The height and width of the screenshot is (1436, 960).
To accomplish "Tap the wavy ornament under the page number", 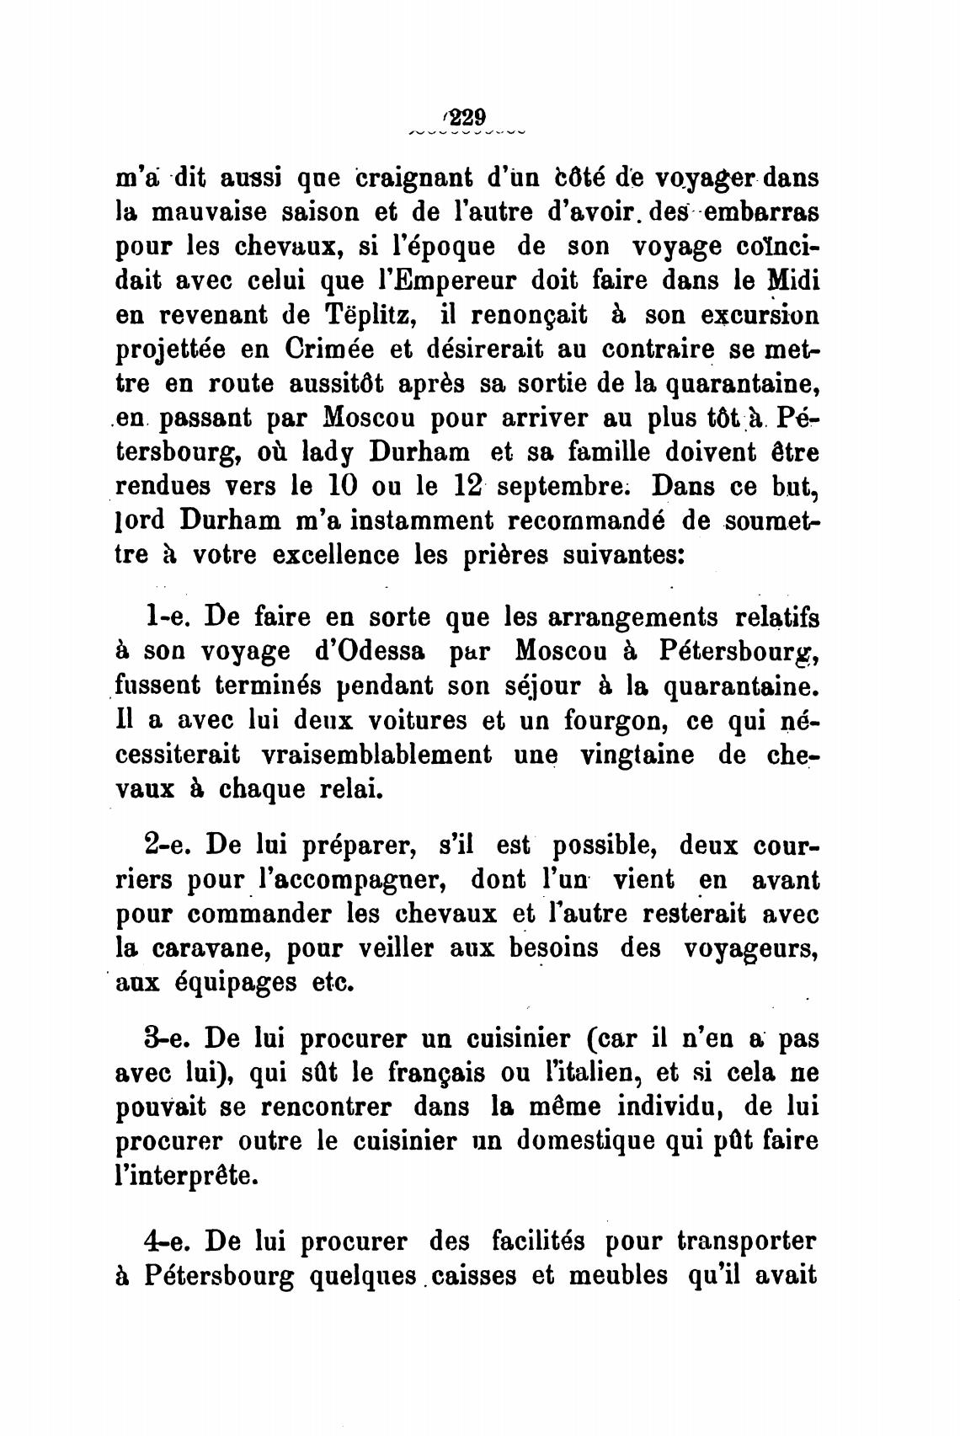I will click(467, 133).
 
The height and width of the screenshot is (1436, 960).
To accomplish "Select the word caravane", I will click(212, 948).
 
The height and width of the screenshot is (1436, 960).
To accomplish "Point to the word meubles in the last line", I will click(619, 1274).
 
